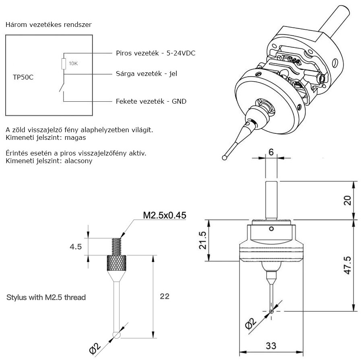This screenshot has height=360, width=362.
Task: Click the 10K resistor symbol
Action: pos(64,64)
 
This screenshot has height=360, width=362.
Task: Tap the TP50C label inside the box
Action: pos(23,77)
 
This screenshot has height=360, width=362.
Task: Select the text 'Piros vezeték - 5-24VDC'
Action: pos(156,53)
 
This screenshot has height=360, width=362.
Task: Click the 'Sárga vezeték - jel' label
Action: pos(146,74)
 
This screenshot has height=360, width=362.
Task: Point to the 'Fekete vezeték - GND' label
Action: pos(151,101)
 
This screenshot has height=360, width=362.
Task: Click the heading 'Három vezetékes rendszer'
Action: pos(49,25)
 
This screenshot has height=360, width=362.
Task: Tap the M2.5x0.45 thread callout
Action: pos(165,215)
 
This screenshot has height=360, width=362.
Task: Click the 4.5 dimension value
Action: pos(76,247)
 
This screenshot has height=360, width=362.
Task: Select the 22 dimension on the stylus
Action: pos(165,296)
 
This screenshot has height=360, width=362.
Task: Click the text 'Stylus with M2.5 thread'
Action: pos(46,297)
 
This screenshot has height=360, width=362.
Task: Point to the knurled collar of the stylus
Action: pos(116,263)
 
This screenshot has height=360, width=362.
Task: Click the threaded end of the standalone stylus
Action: pos(116,247)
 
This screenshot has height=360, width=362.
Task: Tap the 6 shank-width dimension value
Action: pos(271,152)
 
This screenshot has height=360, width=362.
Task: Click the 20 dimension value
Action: pos(348,200)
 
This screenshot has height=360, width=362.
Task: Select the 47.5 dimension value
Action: pos(348,265)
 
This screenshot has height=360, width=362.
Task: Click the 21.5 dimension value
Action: pos(202,240)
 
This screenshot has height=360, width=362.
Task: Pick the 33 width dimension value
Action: pos(271,346)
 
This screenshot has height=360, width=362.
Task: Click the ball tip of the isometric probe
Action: pos(224,158)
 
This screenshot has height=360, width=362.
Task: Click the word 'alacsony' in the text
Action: pos(78,161)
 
